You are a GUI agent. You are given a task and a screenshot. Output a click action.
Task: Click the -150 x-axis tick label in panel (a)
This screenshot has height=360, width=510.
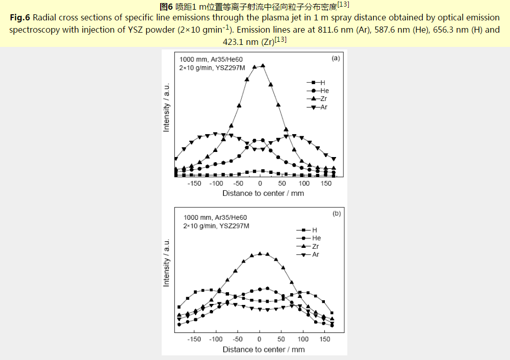pos(194,184)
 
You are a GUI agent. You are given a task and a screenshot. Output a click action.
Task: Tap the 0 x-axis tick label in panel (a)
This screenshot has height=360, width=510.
pos(260,184)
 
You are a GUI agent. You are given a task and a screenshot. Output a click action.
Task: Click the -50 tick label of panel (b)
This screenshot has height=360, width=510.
pos(237,339)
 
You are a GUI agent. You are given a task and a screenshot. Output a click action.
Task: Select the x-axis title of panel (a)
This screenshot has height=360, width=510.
pos(263,193)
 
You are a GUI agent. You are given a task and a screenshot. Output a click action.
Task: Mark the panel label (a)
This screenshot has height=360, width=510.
pos(336,58)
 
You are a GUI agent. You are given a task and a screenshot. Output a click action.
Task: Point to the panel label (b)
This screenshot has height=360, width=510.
pos(336,214)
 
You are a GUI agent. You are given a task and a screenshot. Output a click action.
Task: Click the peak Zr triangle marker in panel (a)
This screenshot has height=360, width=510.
pos(263,65)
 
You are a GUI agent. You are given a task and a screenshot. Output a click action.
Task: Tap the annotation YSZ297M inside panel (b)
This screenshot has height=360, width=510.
pos(235,225)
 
